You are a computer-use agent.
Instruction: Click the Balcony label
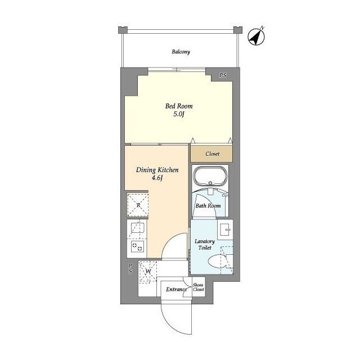pos(181,52)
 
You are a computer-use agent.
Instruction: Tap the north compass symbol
pos(256,36)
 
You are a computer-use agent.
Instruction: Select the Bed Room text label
pos(179,106)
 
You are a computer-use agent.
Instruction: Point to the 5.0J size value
pos(179,114)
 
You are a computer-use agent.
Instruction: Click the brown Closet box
pos(211,154)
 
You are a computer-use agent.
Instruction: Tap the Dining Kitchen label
pos(157,170)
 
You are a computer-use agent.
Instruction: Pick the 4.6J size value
pos(157,178)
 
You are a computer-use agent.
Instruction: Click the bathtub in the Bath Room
pos(210,176)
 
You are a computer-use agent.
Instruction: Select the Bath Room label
pos(208,206)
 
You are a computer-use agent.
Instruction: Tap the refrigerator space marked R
pos(138,205)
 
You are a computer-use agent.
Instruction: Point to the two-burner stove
pos(137,246)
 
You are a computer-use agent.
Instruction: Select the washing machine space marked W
pos(148,271)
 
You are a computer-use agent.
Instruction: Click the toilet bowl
pos(217,262)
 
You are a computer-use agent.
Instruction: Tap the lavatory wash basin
pos(226,229)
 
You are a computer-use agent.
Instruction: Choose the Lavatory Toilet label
pos(205,245)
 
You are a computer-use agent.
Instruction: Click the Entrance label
pos(176,289)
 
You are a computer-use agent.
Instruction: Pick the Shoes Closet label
pos(198,287)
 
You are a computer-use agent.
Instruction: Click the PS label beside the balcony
pos(223,75)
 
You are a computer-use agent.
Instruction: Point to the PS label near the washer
pos(130,268)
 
